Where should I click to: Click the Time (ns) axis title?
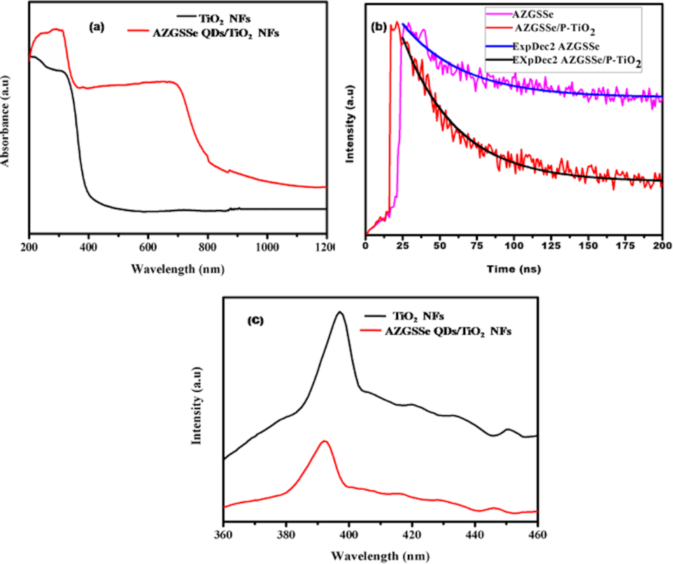click(x=514, y=268)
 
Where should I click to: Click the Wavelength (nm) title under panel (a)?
click(x=178, y=267)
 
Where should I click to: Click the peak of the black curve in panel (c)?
click(x=341, y=312)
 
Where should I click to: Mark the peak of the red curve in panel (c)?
click(x=324, y=441)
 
